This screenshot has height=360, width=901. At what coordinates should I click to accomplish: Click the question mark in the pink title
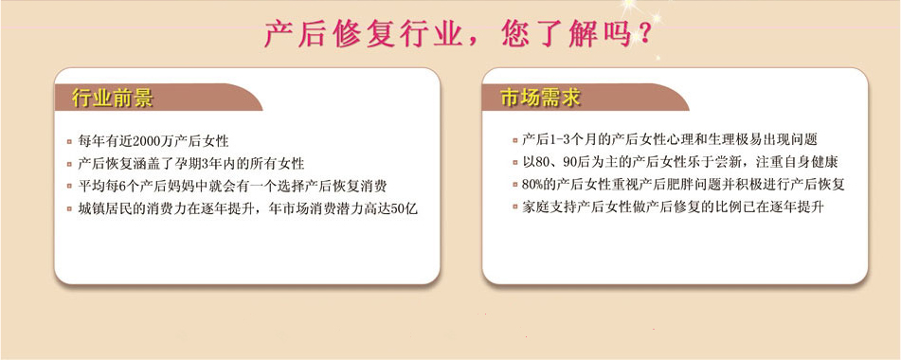643,34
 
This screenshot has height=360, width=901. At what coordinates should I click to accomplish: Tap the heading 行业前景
112,99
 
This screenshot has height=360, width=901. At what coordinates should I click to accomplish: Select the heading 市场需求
540,99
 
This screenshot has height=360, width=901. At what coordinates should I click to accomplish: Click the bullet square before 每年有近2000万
69,141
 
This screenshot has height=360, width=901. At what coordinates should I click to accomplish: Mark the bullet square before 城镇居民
69,209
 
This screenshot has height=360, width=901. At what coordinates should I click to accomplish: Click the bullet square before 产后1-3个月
515,140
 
